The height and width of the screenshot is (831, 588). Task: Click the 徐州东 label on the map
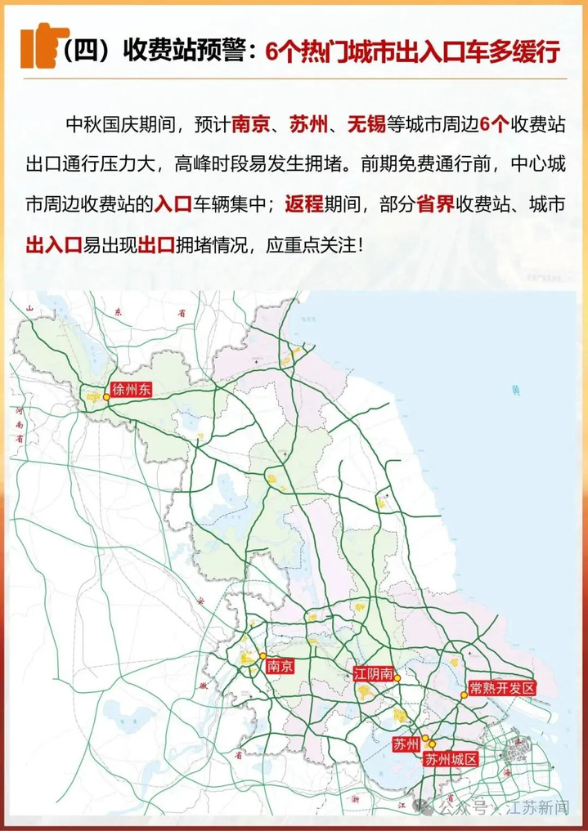point(132,390)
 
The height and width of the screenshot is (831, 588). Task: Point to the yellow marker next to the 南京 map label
point(262,656)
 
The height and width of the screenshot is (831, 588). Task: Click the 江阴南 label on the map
point(374,674)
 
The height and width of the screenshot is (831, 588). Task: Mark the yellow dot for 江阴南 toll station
point(397,677)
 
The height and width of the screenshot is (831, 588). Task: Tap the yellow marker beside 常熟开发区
point(463,695)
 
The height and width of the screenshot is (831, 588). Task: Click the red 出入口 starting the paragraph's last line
point(52,244)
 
